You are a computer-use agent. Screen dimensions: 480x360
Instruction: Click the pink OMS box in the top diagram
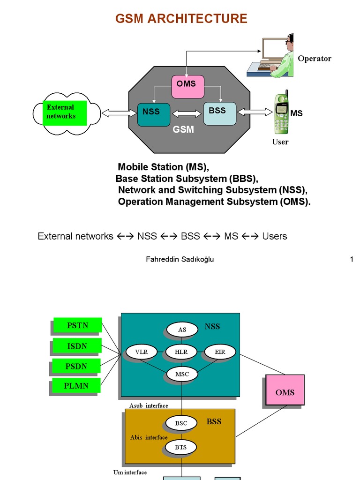187,87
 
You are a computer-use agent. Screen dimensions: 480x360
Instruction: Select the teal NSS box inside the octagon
153,114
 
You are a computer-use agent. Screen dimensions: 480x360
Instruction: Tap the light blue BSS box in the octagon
219,113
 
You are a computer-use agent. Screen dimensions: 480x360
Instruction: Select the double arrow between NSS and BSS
187,113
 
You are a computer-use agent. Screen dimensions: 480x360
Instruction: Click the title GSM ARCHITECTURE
181,19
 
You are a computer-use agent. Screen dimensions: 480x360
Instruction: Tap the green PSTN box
77,325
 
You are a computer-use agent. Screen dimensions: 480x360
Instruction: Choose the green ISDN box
77,346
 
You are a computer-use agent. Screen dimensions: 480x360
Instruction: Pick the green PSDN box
76,366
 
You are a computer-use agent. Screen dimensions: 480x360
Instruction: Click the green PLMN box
76,386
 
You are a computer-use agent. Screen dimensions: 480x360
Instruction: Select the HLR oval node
181,352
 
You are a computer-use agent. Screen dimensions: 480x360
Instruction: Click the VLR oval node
141,352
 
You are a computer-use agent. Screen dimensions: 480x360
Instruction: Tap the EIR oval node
220,352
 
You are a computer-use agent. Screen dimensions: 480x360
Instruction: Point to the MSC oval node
182,374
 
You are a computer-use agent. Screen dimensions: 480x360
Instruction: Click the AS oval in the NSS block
182,330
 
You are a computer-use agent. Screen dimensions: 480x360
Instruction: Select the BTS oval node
180,447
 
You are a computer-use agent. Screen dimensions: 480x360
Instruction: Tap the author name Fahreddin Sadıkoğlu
180,259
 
